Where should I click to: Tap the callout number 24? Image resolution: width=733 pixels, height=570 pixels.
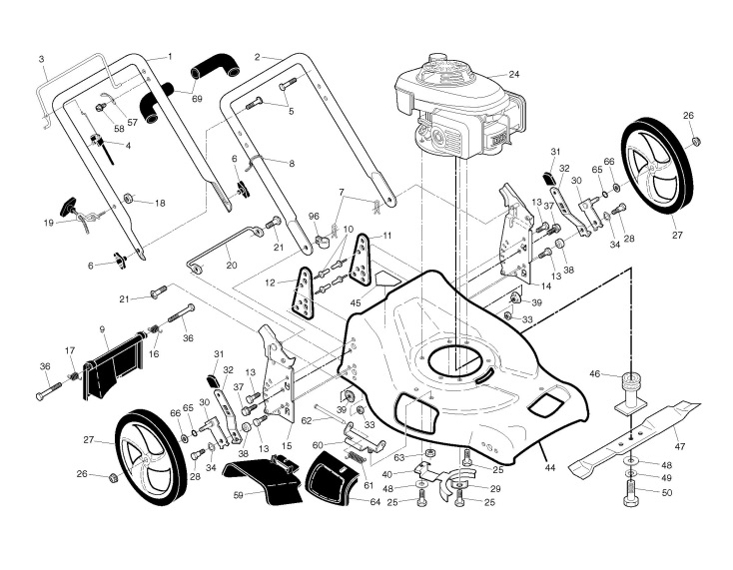[514, 74]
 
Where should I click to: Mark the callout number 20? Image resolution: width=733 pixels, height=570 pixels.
[232, 265]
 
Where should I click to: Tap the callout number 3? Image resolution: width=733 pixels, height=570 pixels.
[42, 60]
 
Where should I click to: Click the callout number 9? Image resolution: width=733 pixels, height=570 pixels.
[102, 327]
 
